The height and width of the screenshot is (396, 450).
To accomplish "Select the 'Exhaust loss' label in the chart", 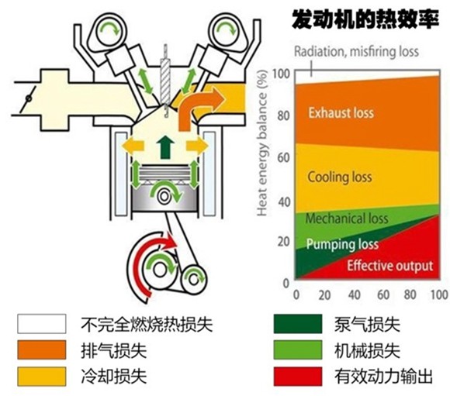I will pos(341,113).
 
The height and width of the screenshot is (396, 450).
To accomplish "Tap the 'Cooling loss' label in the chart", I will pos(340,177).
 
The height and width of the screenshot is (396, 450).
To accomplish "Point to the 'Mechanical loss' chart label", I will pos(347,219).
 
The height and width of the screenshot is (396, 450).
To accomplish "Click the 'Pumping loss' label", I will pos(342,244).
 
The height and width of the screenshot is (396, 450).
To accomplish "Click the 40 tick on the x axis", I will pos(353,295).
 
